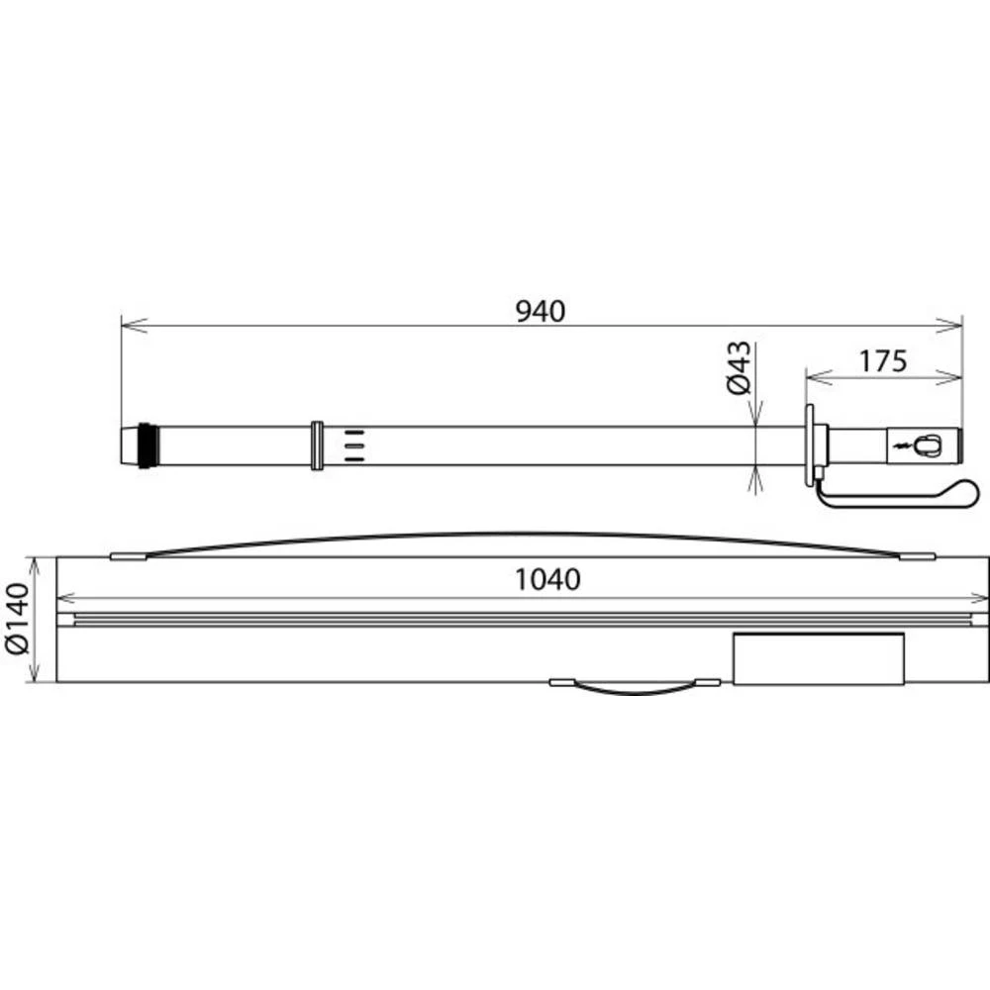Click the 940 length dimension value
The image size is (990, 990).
tap(541, 311)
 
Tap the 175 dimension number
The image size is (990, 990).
tap(883, 361)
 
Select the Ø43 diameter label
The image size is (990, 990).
tap(740, 368)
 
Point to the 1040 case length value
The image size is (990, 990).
tap(547, 579)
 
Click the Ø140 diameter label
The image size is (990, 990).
tap(17, 620)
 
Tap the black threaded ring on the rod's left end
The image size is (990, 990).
tap(146, 445)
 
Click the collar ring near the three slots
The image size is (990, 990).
tap(317, 445)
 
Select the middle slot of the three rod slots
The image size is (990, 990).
tap(354, 445)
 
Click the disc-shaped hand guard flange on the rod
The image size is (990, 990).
tap(810, 445)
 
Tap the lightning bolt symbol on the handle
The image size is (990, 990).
tap(900, 446)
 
